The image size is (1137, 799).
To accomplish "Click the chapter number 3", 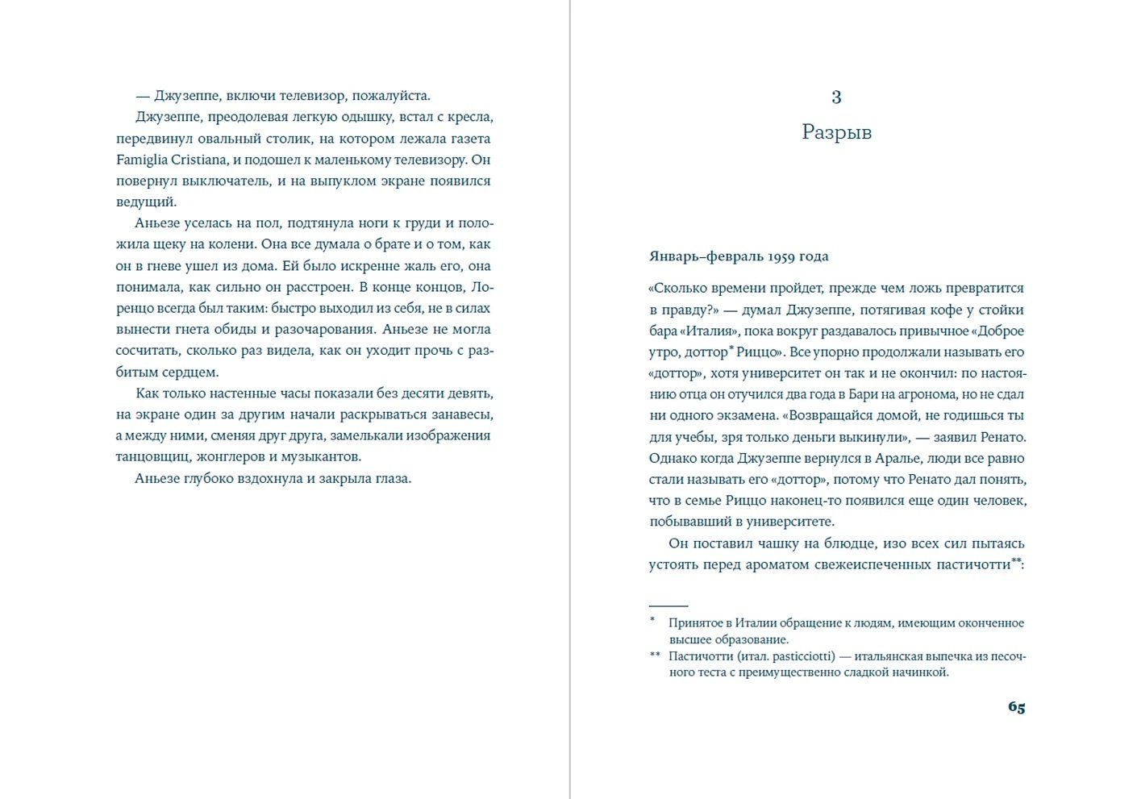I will coord(836,98).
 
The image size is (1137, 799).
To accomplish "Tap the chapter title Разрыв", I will coord(836,132).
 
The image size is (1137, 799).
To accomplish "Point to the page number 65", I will coord(1016,707).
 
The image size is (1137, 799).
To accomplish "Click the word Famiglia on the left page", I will coord(141,160).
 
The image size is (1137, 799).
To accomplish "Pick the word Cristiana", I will coord(198,160).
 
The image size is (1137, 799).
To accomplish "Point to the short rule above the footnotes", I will coord(668,605).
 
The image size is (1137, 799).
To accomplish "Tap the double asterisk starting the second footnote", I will coord(655,655).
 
